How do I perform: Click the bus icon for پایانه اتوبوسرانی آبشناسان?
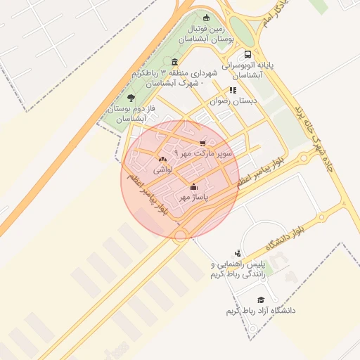click(x=247, y=55)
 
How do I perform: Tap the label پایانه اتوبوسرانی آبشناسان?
click(x=247, y=69)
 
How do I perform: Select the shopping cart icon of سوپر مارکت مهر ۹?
click(x=203, y=142)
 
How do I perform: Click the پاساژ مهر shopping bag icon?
click(x=194, y=186)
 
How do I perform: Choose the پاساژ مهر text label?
click(x=195, y=198)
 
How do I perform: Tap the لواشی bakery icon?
click(x=163, y=160)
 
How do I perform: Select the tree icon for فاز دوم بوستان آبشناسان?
click(x=131, y=98)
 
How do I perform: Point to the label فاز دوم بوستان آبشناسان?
click(x=128, y=114)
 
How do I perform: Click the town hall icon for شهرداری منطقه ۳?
click(x=174, y=62)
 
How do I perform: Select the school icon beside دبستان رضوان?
click(x=233, y=90)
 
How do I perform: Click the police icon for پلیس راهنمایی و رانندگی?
click(x=238, y=253)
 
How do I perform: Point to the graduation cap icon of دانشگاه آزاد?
click(x=261, y=300)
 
